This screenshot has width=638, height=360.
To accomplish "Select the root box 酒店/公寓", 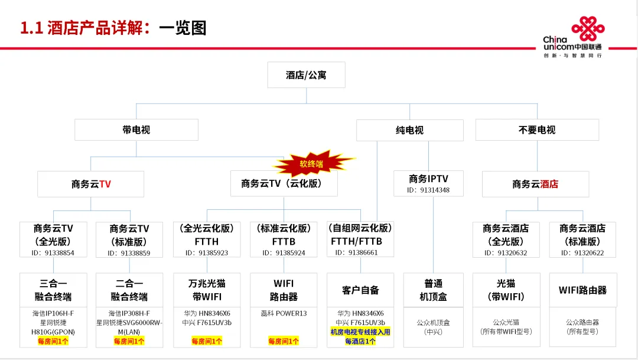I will (x=306, y=75).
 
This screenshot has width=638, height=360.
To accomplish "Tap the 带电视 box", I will (x=136, y=129).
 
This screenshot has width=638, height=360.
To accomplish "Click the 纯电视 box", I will (x=409, y=129).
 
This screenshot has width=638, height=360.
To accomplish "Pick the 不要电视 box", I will (x=537, y=129).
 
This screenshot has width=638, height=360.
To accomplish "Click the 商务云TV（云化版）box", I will (x=284, y=184).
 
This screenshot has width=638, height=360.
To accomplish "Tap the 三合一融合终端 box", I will (x=53, y=290).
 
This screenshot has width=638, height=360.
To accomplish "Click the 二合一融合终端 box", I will (x=129, y=290).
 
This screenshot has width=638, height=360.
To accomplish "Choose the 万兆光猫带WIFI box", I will (x=207, y=290).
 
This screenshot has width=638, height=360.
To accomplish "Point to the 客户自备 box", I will (x=360, y=290).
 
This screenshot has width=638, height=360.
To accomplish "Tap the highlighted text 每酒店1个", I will (x=360, y=341).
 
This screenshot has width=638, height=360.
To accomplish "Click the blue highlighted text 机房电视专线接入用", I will (x=360, y=332).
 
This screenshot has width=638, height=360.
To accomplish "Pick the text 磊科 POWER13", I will (x=284, y=313).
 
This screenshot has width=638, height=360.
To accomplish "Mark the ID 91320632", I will (x=506, y=253).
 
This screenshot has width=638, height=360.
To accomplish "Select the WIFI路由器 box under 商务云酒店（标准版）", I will (x=583, y=290).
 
